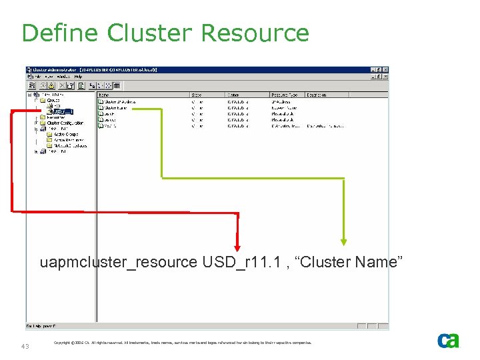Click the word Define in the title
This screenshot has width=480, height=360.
pyautogui.click(x=60, y=33)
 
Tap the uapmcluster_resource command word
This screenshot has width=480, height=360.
pyautogui.click(x=118, y=262)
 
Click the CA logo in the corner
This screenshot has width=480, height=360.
pyautogui.click(x=448, y=341)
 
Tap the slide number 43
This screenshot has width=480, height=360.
pyautogui.click(x=25, y=346)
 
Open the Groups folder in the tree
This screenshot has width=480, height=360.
pyautogui.click(x=53, y=101)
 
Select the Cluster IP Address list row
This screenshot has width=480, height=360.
pyautogui.click(x=120, y=102)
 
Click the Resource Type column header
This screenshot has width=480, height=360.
pyautogui.click(x=283, y=95)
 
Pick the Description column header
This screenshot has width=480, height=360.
pyautogui.click(x=316, y=95)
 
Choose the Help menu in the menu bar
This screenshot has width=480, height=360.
pyautogui.click(x=78, y=77)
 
